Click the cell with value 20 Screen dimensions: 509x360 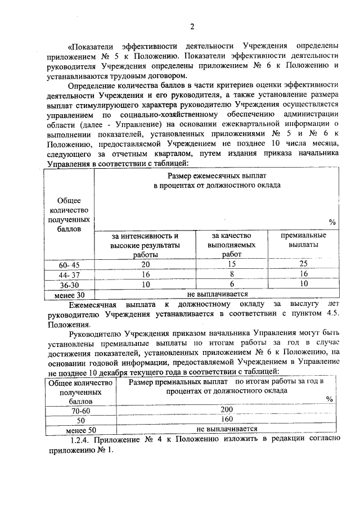146,264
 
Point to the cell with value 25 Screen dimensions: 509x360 303,264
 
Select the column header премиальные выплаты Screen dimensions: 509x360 303,240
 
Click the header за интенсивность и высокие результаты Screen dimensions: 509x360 146,245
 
